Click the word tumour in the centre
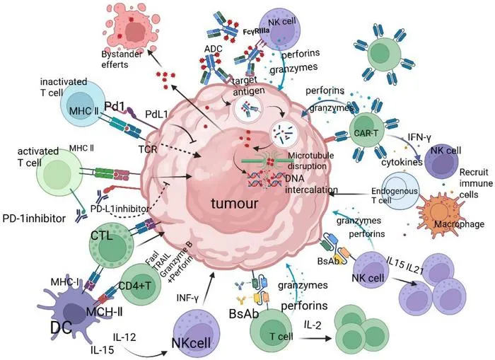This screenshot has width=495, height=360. [x=235, y=204]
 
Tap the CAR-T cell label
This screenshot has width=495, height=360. [x=366, y=133]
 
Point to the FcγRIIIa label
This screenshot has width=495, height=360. [x=256, y=32]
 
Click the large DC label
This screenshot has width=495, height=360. [x=62, y=327]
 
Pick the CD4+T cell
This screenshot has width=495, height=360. [x=139, y=284]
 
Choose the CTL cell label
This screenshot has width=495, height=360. [x=102, y=236]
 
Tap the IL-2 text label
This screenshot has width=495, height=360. [x=313, y=325]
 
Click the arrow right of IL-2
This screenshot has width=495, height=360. [x=315, y=339]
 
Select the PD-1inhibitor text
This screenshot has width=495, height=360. [x=34, y=219]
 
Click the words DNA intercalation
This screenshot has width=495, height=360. [x=311, y=184]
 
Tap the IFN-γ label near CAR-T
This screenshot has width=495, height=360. [x=419, y=137]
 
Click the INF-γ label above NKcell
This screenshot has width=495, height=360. [x=187, y=298]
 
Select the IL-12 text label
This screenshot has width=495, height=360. [x=124, y=337]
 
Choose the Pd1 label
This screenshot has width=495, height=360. [x=115, y=107]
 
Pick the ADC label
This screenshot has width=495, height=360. [x=213, y=49]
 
